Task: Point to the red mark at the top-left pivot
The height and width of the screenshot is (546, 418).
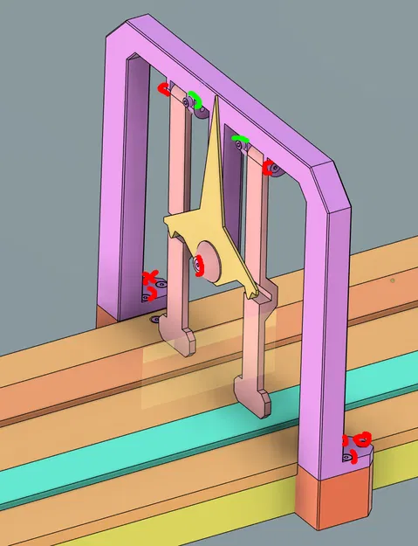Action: coord(163,88)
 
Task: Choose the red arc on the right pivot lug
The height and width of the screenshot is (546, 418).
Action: coord(269,167)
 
